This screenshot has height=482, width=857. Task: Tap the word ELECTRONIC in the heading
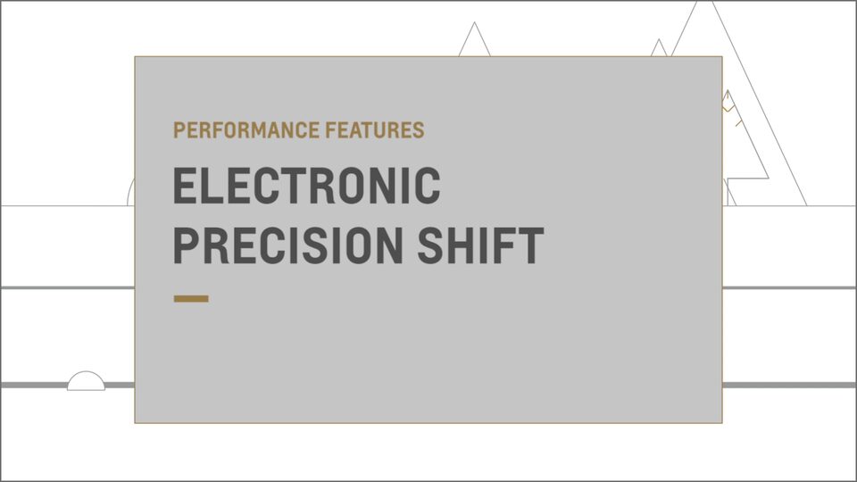point(306,187)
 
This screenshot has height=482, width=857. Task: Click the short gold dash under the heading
point(191,298)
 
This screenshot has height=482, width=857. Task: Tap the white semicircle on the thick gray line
point(86,382)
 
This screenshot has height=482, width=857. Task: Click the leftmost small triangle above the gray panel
point(474,43)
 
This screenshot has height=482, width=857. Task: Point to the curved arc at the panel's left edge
point(130,192)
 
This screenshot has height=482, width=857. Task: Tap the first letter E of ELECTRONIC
point(187,187)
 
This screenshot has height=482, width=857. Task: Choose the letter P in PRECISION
point(187,245)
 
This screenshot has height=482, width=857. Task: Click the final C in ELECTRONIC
point(428,187)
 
